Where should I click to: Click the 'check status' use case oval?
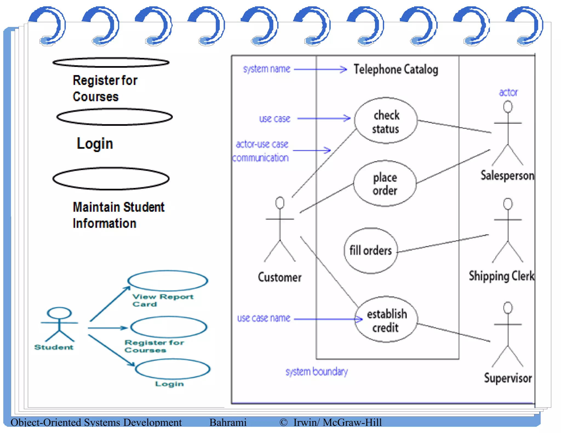386,121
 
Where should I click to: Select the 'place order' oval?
385,183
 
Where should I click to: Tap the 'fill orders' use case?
370,250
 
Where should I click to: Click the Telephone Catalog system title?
396,69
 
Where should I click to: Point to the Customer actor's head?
280,203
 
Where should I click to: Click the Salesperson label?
507,175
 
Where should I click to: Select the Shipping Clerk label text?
501,276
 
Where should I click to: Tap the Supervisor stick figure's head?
508,308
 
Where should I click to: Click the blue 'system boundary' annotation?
316,372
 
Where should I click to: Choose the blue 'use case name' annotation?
263,318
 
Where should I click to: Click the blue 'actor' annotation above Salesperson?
508,93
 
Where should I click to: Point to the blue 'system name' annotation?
266,69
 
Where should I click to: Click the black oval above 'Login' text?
115,117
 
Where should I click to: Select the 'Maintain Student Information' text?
118,215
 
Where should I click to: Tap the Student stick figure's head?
59,313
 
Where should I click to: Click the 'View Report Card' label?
163,300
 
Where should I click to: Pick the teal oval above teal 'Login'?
173,369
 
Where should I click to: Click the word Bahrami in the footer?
228,422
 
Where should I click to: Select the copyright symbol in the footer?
283,422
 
